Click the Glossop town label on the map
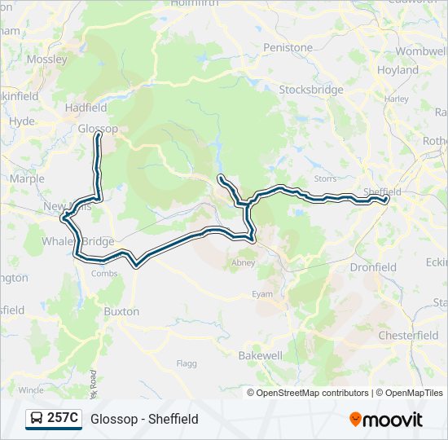pos(98,128)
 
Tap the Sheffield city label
pos(383,191)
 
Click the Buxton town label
pos(121,311)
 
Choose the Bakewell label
pos(261,356)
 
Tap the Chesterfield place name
pos(409,335)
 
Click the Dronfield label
pos(373,266)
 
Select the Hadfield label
pos(86,108)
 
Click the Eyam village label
pos(262,294)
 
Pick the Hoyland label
pos(397,70)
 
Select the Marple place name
pos(27,178)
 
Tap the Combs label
pos(104,274)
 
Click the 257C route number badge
pos(63,419)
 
